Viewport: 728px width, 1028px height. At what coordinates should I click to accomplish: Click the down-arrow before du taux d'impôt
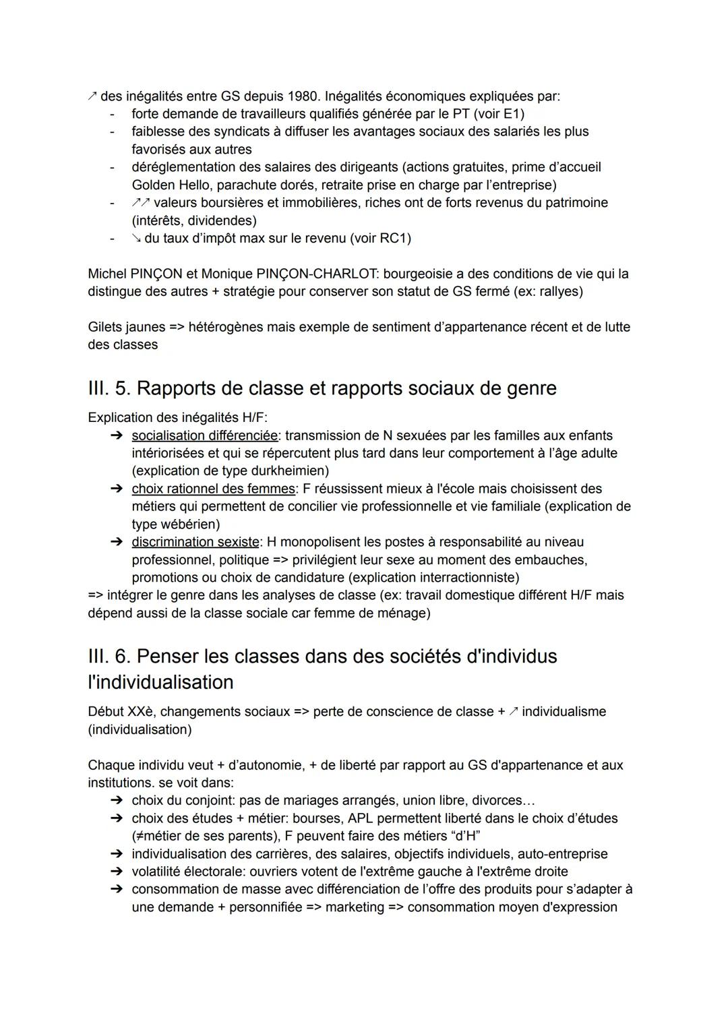click(x=136, y=238)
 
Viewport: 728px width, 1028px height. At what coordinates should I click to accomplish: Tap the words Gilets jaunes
click(x=126, y=327)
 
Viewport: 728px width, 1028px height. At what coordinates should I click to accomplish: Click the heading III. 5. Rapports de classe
click(x=322, y=388)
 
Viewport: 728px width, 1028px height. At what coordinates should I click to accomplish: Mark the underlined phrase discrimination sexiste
click(x=195, y=542)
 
